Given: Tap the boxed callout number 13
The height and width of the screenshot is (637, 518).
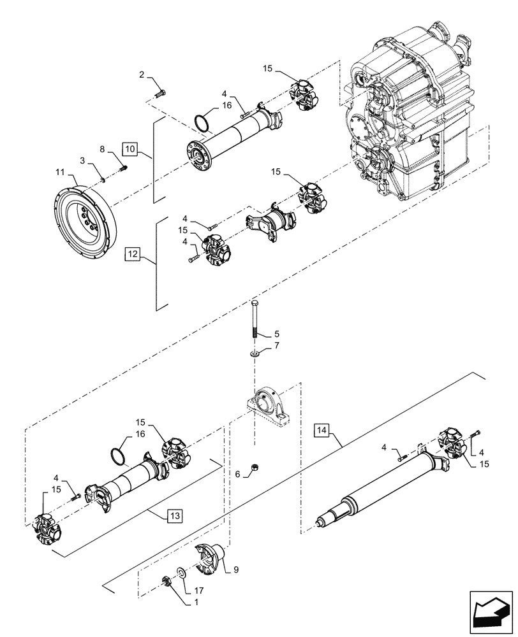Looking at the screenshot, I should (174, 514).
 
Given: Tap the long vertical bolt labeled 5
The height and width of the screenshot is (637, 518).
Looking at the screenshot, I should (255, 320).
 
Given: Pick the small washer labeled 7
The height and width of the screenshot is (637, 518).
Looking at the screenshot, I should (255, 352).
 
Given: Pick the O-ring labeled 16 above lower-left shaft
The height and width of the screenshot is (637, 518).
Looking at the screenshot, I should (117, 454).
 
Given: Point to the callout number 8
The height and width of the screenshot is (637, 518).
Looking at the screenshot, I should (103, 148).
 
